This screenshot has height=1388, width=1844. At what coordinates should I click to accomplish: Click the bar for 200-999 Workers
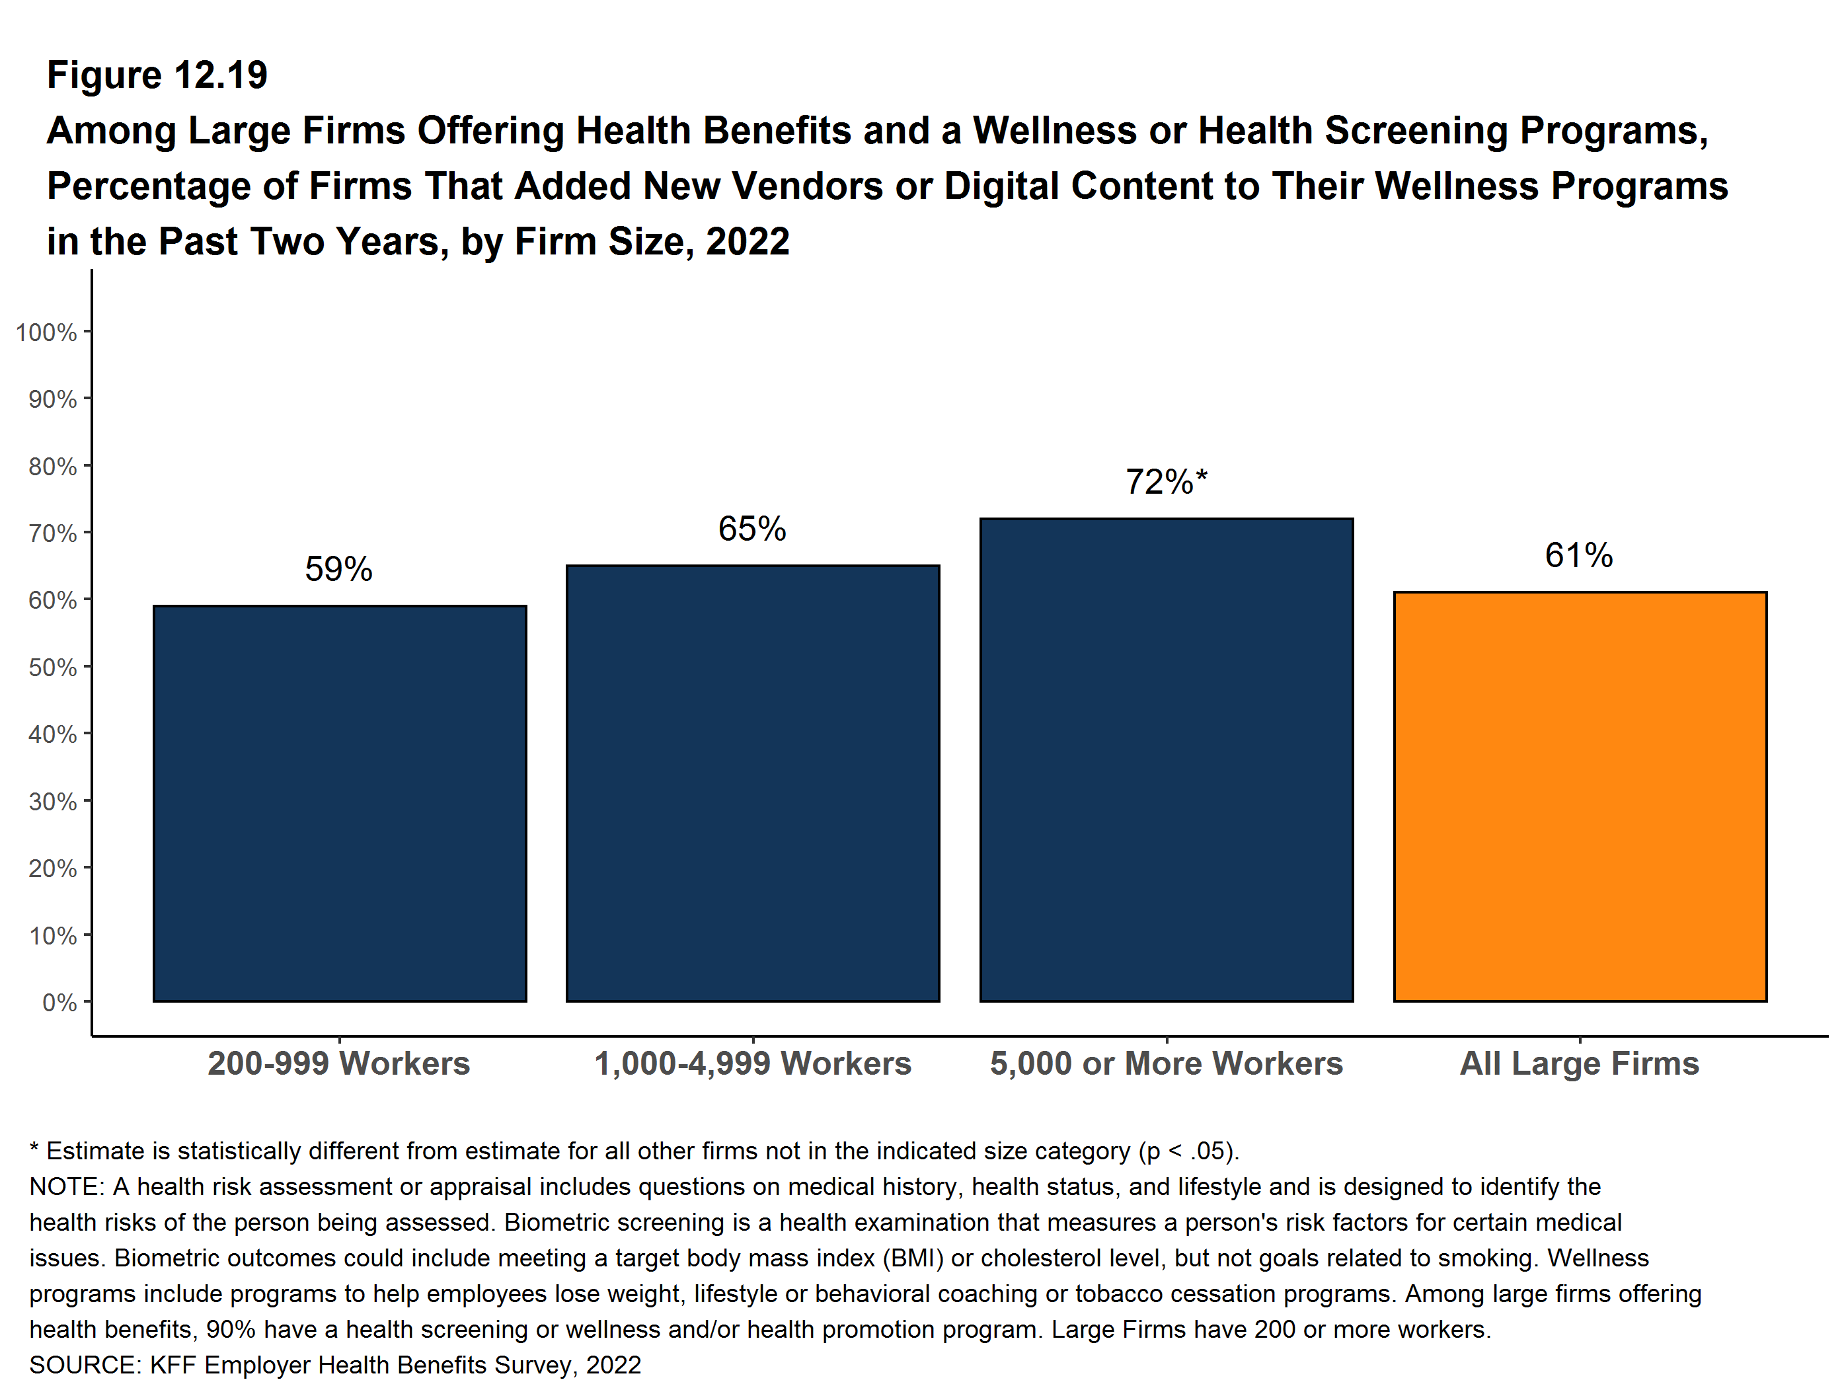[339, 803]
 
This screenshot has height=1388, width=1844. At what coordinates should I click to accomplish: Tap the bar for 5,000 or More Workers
[1167, 759]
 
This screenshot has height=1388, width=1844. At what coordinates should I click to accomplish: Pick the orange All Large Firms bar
[1580, 796]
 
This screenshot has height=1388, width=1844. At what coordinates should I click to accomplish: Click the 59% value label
[338, 569]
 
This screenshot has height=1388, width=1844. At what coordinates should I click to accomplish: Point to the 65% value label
[752, 529]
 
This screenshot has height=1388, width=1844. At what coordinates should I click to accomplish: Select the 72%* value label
[1165, 482]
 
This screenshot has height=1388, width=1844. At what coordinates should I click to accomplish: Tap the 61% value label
[1579, 555]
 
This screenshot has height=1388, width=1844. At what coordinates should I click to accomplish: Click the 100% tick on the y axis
[46, 332]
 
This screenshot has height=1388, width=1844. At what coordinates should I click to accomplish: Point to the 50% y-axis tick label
[52, 668]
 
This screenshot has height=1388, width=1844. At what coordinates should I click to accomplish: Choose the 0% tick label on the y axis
[59, 1003]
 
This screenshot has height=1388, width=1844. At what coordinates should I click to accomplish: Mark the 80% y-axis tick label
[52, 467]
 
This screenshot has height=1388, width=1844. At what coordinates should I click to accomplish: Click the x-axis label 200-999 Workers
[338, 1063]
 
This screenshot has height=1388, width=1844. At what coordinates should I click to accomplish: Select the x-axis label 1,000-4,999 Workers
[752, 1063]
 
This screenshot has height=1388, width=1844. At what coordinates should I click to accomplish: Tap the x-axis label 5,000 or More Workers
[1167, 1063]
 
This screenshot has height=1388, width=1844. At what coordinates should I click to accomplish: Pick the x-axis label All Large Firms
[1579, 1063]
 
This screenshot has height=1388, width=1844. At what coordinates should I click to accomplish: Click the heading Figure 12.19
[157, 75]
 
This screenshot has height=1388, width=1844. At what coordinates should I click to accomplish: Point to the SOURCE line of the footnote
[335, 1365]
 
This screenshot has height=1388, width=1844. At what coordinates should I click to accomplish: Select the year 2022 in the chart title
[747, 242]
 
